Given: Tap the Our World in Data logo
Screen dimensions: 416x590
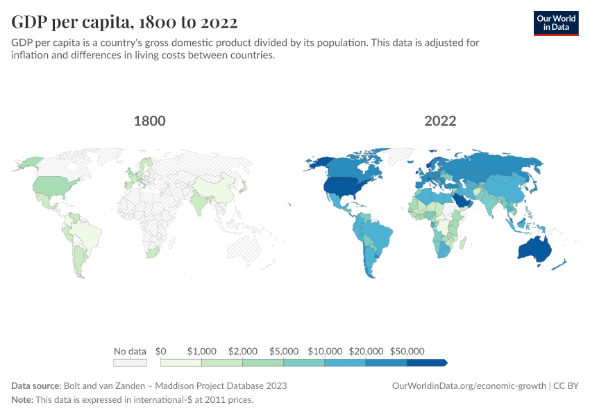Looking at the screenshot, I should coord(556,23).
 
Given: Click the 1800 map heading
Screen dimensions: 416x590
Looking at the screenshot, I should coord(149,121).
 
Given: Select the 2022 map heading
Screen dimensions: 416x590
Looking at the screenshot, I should coord(440,121).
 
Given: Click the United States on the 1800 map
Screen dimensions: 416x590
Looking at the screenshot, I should coord(53,185).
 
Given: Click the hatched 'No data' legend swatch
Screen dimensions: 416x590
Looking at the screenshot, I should coord(130,362).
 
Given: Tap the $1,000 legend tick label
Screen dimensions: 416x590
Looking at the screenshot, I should coord(202,351).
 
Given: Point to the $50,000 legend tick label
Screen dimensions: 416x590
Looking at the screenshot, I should coord(407,351).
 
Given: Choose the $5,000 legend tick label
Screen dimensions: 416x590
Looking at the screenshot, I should coord(284,351).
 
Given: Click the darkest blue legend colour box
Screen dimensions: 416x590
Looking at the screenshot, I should coord(425,362).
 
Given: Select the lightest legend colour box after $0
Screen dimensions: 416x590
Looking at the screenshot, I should coord(180,362).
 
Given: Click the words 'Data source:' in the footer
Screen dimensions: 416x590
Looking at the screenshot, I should coord(36,385).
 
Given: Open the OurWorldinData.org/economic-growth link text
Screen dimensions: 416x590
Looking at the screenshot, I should coord(470,385).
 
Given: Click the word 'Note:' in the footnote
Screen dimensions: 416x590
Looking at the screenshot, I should coord(22,400).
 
